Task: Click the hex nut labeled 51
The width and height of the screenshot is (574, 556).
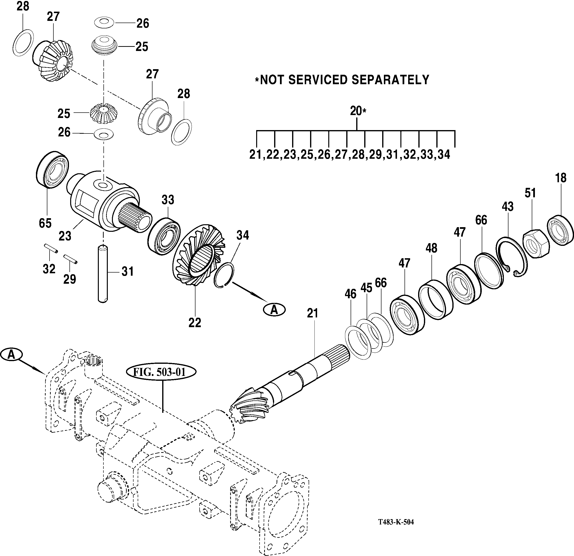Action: pos(536,243)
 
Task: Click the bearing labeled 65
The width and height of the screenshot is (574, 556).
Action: pos(52,170)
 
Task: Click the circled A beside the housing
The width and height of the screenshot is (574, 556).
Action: pos(11,355)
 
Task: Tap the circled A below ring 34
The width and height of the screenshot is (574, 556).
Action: pos(274,309)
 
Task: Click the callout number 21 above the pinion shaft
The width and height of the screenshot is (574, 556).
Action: pos(312,314)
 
